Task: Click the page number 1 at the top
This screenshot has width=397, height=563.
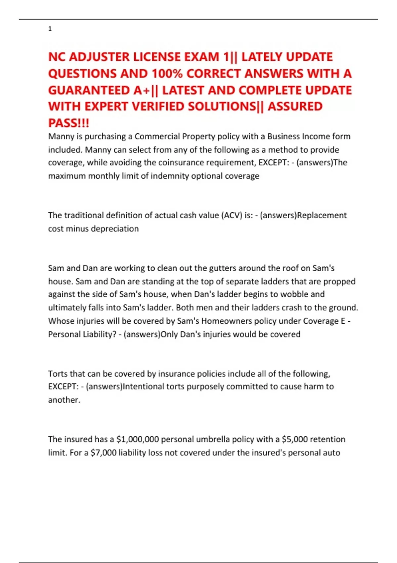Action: [50, 29]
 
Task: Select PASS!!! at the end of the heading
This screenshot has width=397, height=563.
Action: [68, 123]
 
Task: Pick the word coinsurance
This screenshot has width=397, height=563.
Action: [178, 163]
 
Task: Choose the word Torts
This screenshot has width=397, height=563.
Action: [58, 374]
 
